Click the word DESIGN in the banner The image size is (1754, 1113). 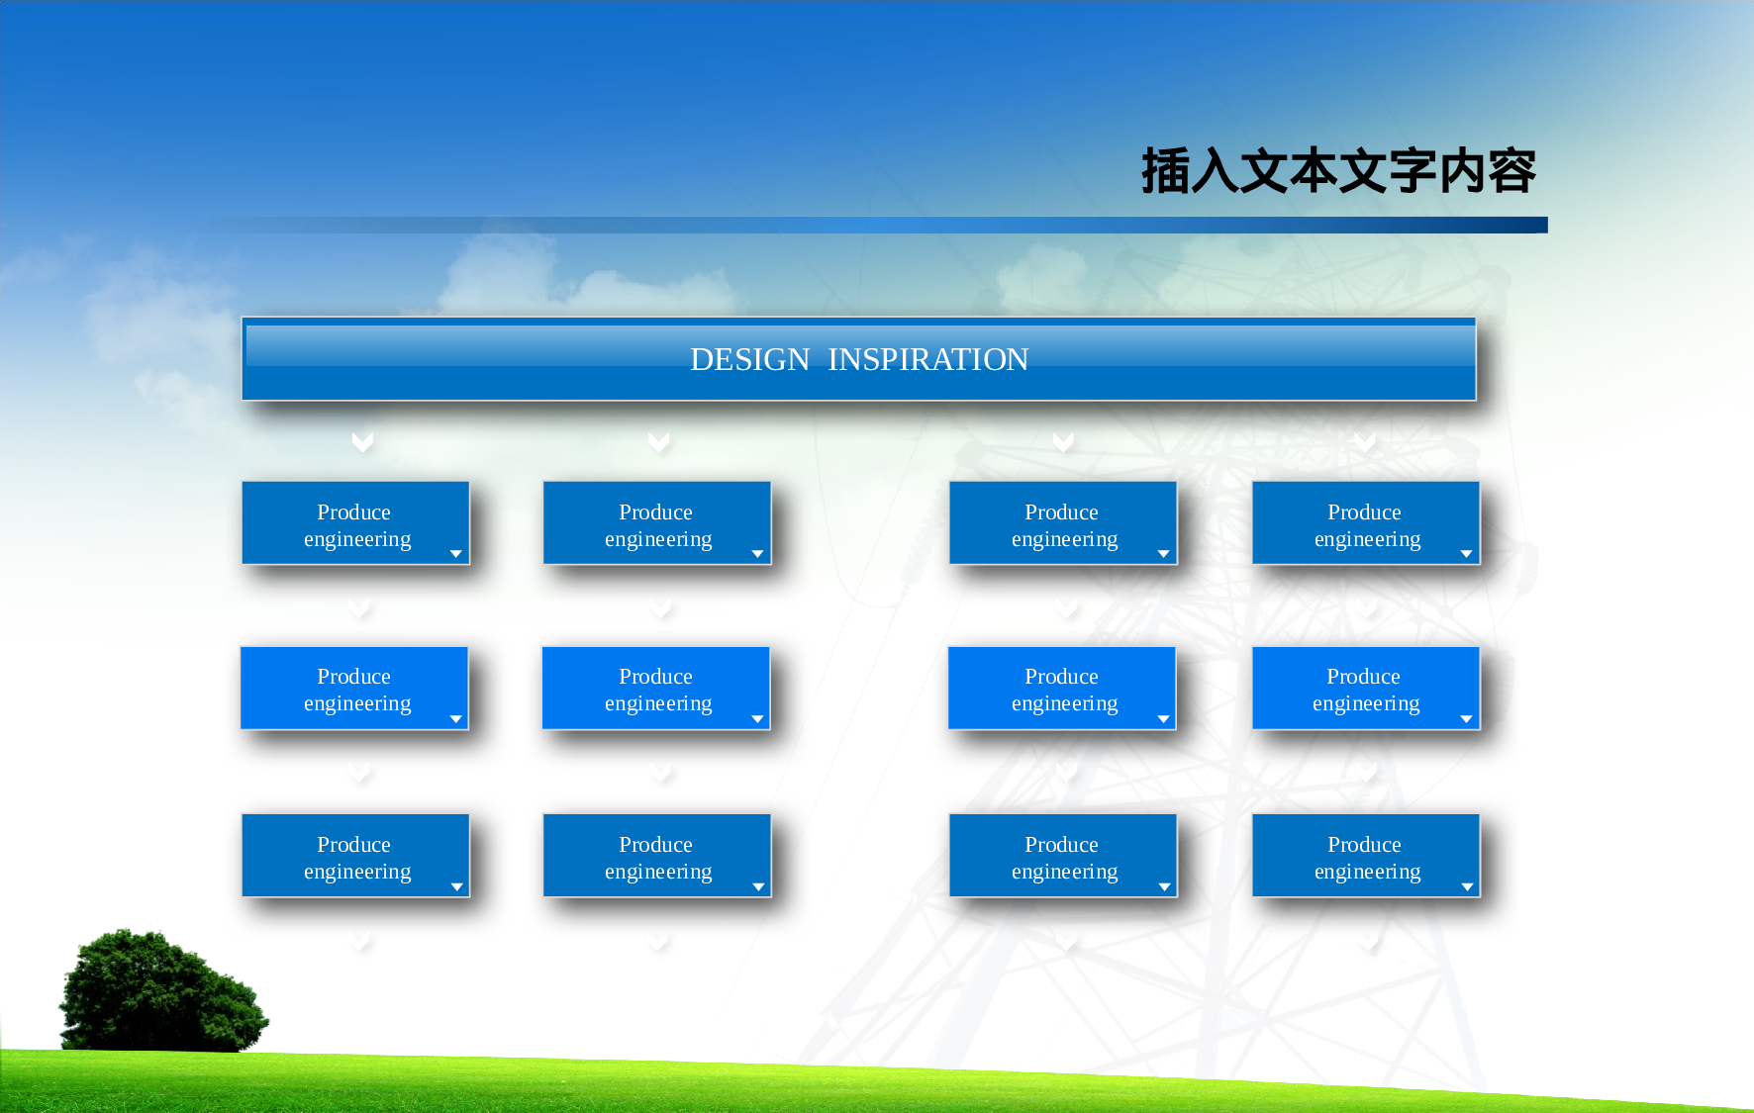(749, 359)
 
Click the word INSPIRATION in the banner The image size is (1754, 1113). (927, 359)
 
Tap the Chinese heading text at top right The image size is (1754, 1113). (1337, 171)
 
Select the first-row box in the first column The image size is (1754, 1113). (355, 522)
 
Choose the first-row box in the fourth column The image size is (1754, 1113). (1365, 522)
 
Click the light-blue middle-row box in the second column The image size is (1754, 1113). (655, 688)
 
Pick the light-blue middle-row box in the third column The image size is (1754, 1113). (1061, 688)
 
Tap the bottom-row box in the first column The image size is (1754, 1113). (355, 856)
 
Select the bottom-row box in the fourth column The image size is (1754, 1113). (1365, 856)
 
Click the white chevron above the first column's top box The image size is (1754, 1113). (362, 441)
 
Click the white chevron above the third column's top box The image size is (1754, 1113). (1063, 441)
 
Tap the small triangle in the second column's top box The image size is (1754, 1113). (757, 554)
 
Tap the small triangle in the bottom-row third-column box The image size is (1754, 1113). (1164, 887)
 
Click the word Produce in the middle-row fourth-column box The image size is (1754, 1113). (1363, 677)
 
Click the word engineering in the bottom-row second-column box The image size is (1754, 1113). (658, 872)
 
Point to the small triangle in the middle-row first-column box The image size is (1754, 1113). (456, 719)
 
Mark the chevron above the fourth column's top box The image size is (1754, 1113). (1364, 441)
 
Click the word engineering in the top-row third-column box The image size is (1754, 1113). (1064, 539)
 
